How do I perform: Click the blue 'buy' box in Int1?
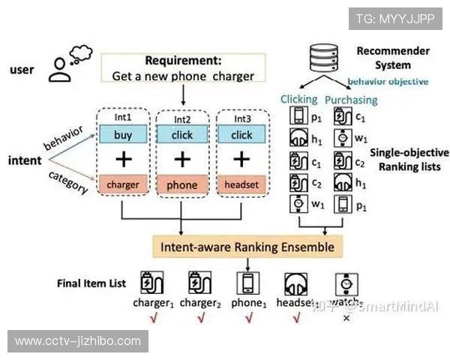click(x=122, y=135)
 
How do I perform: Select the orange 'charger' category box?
click(x=122, y=184)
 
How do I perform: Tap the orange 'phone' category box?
click(x=181, y=184)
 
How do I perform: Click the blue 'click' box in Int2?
click(x=181, y=135)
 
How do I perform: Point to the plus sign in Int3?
click(x=241, y=159)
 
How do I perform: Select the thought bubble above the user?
click(x=78, y=53)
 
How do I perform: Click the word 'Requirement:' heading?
click(x=183, y=61)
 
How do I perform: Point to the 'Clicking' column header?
click(x=298, y=99)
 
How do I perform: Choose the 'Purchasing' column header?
click(x=351, y=99)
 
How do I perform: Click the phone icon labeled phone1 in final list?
click(x=247, y=282)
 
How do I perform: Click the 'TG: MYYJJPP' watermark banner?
click(x=394, y=18)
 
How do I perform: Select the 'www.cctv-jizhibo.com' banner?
click(x=78, y=341)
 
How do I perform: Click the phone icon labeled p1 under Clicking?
click(x=298, y=117)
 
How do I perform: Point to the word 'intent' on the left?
click(x=24, y=160)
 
